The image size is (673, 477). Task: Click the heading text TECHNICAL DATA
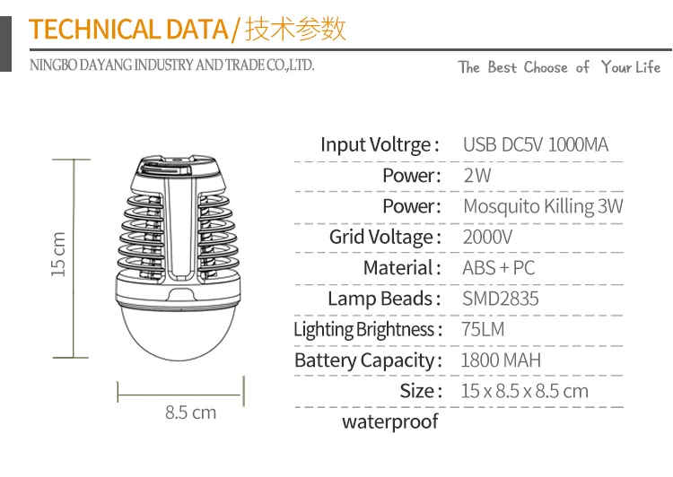pos(128,30)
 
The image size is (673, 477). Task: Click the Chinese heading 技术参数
pos(295,30)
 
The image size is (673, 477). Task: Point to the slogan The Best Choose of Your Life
pos(559,67)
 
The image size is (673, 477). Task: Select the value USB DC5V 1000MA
pos(536,144)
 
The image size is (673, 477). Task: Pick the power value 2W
pos(477,175)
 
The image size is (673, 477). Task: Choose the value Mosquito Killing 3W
pos(543,206)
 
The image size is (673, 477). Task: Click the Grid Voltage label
pos(385,238)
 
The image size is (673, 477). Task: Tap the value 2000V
pos(488,238)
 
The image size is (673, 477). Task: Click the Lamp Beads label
pos(384,299)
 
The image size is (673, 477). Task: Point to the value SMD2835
pos(501,299)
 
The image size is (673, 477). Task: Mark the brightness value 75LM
pos(484,329)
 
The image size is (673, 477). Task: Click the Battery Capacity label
pos(368,360)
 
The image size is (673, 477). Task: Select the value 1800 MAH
pos(501,360)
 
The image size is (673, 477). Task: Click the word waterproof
pos(390,421)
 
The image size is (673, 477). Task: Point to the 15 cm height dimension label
pos(59,255)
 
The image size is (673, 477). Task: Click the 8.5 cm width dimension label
pos(190,412)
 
